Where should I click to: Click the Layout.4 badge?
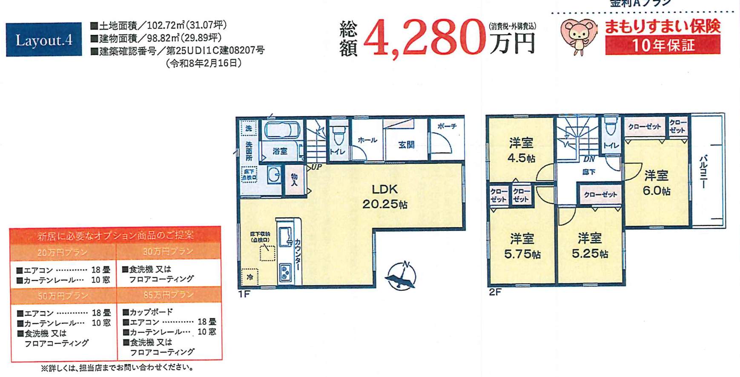coord(44,40)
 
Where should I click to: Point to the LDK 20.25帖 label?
coord(384,196)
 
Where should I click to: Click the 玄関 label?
coord(406,145)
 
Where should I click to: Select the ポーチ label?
coord(447,126)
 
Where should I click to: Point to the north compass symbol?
coord(402,276)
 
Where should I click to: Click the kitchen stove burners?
coord(285,272)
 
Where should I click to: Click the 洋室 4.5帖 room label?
coord(521,150)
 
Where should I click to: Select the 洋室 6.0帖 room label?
coord(656,183)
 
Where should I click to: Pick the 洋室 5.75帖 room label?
coord(522,246)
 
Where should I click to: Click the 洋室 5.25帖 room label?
coord(590,246)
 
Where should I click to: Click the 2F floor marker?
coord(495,292)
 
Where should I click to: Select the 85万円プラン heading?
coord(169,294)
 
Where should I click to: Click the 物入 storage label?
coord(294,180)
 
